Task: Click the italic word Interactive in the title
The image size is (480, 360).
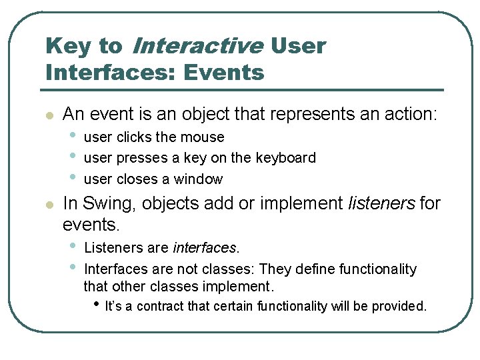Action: pos(198,46)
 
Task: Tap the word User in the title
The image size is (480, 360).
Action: pos(299,46)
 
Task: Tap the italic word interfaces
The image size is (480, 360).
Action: pos(205,248)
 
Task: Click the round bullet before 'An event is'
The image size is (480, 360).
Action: pos(48,115)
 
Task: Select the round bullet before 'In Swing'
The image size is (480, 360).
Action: pos(48,204)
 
